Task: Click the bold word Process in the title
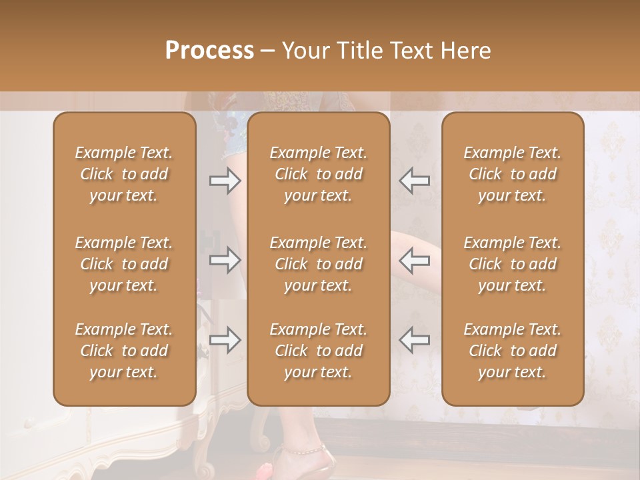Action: [x=209, y=51]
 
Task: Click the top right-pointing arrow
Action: [x=225, y=181]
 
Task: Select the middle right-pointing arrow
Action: [x=225, y=260]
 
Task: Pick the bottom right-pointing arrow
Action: [x=225, y=340]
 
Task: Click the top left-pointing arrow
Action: [x=415, y=181]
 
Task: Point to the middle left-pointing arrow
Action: [x=415, y=260]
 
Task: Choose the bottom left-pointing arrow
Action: [x=415, y=340]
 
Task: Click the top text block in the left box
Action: [x=124, y=174]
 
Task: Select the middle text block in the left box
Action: [x=124, y=264]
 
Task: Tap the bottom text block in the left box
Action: [x=124, y=351]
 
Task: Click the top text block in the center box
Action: [x=319, y=174]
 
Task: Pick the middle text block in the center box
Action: [x=319, y=264]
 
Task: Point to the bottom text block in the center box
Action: [x=319, y=351]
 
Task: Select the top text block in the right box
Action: [x=513, y=174]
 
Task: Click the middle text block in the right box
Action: [x=513, y=264]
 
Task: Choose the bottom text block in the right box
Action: [x=513, y=351]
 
